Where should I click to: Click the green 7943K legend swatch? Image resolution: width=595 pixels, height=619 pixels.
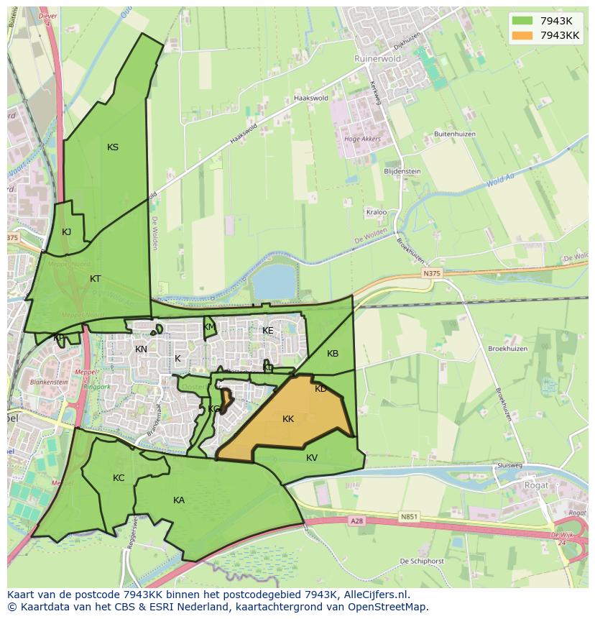tap(522, 20)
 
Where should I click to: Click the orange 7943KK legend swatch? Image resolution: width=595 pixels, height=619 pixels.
tap(522, 35)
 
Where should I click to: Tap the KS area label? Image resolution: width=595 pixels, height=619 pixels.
tap(113, 147)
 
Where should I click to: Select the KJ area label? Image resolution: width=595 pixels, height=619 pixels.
tap(66, 231)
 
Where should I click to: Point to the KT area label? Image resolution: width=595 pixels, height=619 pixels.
tap(96, 278)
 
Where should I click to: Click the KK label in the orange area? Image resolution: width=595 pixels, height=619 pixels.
tap(288, 419)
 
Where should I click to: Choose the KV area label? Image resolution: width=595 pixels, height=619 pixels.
tap(312, 458)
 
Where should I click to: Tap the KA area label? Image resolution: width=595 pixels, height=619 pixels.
tap(179, 500)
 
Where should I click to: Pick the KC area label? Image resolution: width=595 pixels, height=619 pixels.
tap(119, 478)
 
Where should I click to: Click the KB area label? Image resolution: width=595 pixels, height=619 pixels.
tap(333, 354)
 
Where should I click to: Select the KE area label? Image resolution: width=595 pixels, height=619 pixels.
tap(268, 331)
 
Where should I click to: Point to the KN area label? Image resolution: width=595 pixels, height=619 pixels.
tap(141, 349)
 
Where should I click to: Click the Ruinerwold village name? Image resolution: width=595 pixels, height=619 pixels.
tap(377, 59)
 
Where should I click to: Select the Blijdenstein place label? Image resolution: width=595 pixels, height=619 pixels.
tap(402, 172)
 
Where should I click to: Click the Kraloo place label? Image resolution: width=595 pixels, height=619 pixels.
tap(377, 213)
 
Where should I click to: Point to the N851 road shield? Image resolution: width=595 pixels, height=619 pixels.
tap(410, 516)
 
